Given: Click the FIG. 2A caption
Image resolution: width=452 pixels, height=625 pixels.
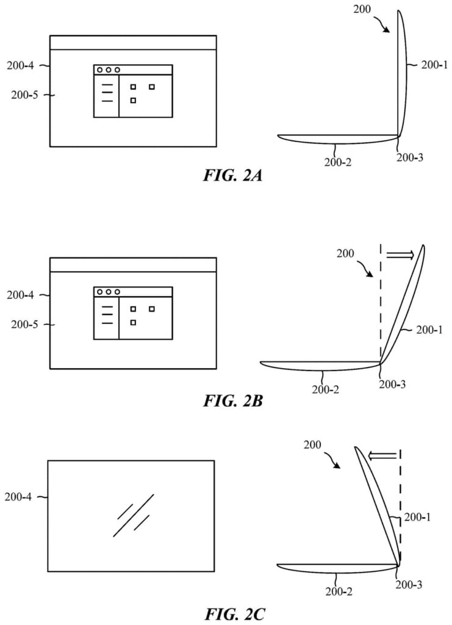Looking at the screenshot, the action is click(x=232, y=175).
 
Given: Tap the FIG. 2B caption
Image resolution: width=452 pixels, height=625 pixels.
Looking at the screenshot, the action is click(x=233, y=400).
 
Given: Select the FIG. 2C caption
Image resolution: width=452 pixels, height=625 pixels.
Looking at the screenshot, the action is click(x=235, y=614).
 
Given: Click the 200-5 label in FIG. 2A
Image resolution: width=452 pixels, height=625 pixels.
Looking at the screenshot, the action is click(x=24, y=95).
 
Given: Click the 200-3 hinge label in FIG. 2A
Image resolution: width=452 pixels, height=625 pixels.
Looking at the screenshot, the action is click(x=410, y=158).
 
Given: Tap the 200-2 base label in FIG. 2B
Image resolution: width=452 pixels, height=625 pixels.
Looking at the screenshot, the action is click(x=325, y=389).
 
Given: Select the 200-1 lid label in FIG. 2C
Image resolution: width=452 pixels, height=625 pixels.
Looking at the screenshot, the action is click(x=417, y=517).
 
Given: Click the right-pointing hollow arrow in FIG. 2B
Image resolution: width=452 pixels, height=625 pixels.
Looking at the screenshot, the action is click(x=400, y=255).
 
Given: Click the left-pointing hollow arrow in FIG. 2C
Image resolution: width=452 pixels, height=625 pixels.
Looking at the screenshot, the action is click(x=382, y=455).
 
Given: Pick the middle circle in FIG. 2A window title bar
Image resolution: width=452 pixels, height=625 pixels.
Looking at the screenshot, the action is click(x=108, y=70).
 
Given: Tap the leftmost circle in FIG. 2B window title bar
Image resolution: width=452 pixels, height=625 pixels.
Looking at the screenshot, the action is click(x=99, y=292).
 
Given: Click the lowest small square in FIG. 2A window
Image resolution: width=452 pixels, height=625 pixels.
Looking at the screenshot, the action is click(x=133, y=101).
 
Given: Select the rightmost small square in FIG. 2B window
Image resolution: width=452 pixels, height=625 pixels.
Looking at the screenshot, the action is click(x=152, y=309).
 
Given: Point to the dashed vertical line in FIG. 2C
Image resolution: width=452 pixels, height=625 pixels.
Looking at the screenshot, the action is click(x=400, y=506).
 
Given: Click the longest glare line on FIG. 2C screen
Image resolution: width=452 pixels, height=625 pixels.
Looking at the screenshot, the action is click(x=134, y=515).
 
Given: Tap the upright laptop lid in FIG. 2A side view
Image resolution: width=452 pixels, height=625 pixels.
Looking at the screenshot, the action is click(x=403, y=74).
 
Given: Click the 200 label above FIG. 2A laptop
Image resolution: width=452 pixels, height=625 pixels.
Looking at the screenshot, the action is click(x=362, y=9).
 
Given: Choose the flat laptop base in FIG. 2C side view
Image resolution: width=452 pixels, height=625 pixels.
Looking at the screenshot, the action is click(x=337, y=568).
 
